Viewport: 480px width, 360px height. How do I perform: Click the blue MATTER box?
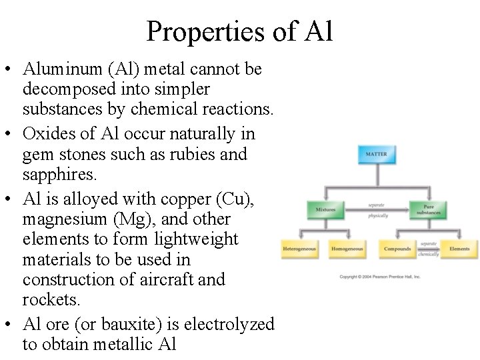[x=376, y=155]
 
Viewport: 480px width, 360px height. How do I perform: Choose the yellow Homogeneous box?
[x=347, y=249]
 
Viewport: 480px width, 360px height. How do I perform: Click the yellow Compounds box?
[x=397, y=249]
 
